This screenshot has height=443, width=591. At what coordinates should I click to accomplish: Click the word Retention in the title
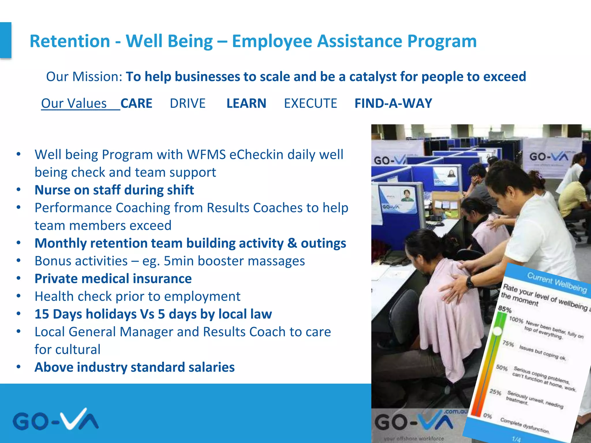pos(70,41)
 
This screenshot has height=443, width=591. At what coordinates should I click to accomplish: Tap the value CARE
pos(136,103)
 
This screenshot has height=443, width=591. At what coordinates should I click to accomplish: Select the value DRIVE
pos(188,103)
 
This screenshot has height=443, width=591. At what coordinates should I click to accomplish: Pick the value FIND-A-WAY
pos(393,103)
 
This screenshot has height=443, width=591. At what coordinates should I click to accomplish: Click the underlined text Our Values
pos(74,103)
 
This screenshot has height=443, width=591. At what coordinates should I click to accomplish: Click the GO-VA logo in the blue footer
pos(55,420)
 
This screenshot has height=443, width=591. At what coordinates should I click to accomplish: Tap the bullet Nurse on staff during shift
pos(114,190)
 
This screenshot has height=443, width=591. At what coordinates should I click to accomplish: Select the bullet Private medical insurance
pos(113,279)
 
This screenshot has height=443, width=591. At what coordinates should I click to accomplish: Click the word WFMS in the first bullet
pos(206,155)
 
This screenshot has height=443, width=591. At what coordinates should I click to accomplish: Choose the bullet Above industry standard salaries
pos(134,367)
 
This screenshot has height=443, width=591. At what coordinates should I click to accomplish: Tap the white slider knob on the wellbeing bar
pos(497,331)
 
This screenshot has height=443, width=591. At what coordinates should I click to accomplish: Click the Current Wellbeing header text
pos(557,282)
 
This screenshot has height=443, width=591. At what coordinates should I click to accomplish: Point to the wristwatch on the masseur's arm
pos(470,282)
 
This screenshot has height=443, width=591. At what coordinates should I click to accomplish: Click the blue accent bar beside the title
pos(5,40)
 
